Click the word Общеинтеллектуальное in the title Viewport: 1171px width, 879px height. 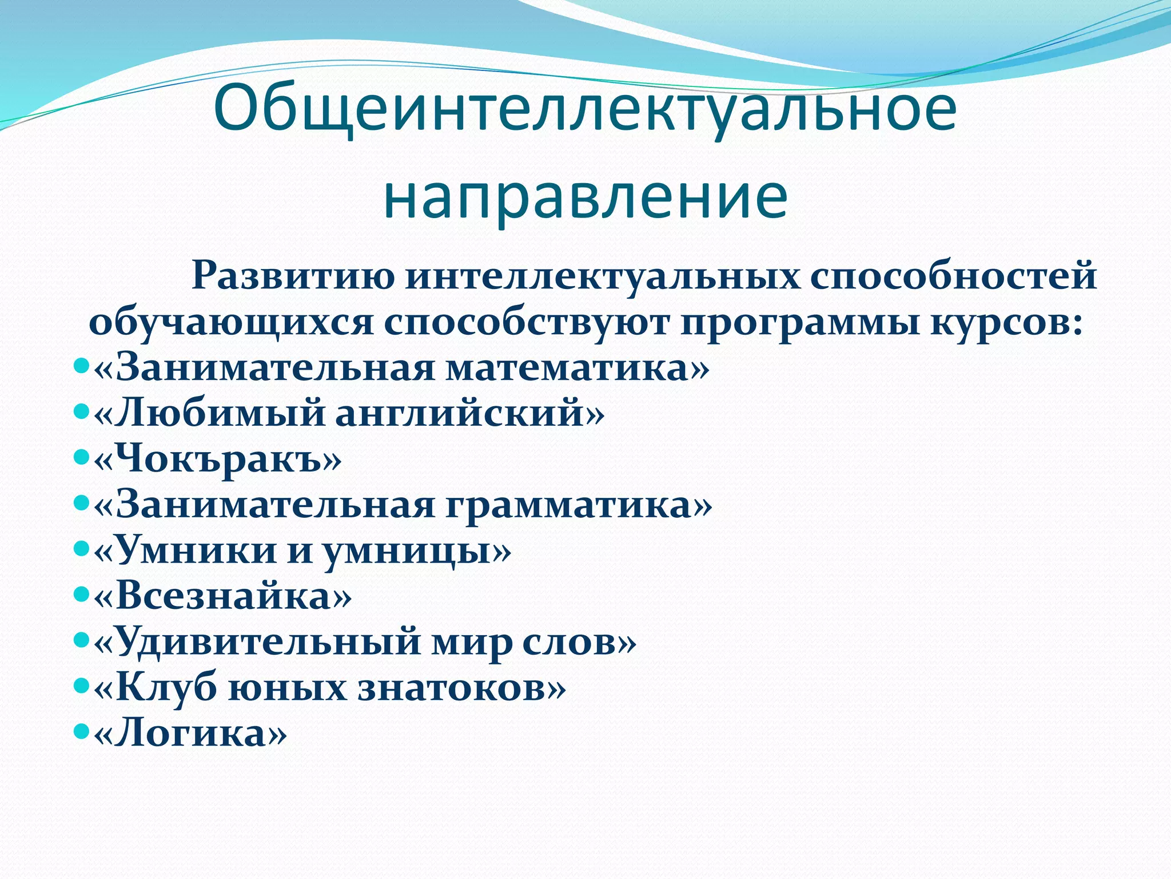click(x=585, y=109)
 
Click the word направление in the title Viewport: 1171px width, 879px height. click(x=585, y=197)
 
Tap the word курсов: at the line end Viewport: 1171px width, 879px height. click(x=1006, y=322)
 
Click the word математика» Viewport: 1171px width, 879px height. click(x=577, y=367)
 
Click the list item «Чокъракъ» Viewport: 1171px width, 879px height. click(x=217, y=459)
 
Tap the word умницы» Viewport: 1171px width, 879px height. click(x=417, y=551)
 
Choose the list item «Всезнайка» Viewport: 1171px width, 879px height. click(x=222, y=596)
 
